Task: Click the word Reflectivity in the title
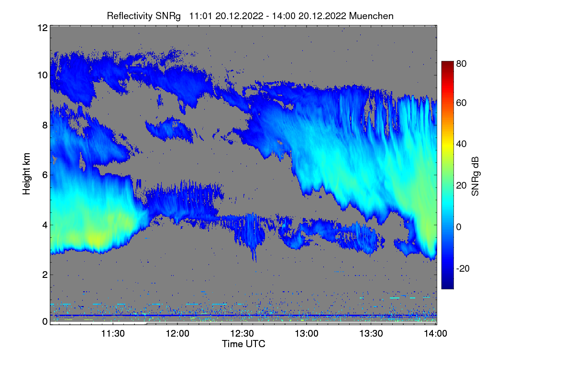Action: [130, 16]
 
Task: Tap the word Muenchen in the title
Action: [371, 16]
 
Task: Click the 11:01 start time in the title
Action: [200, 16]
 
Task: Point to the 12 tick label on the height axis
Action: [43, 28]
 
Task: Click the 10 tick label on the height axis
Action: [43, 75]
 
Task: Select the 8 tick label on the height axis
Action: [45, 125]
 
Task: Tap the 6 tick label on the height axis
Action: [45, 175]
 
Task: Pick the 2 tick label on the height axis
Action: [45, 275]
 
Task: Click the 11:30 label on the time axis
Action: [113, 334]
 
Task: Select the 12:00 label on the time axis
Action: [177, 334]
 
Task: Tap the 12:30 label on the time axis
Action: [242, 334]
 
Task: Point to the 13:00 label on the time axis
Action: [307, 334]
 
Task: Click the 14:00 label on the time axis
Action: [436, 334]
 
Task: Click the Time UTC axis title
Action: [243, 344]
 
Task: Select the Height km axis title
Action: [26, 174]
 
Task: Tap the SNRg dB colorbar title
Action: [475, 176]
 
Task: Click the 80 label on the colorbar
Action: [461, 64]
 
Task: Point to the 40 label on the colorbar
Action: [461, 144]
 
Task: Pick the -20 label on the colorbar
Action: [463, 268]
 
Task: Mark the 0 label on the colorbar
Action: [459, 227]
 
